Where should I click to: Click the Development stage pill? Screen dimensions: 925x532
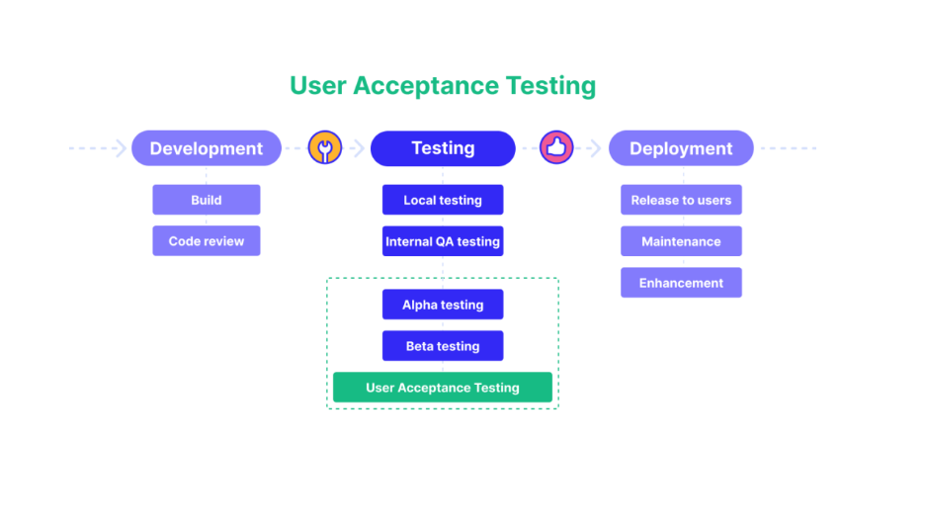[x=207, y=148]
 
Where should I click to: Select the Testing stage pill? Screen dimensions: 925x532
[x=443, y=148]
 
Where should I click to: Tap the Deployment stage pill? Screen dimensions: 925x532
[x=681, y=148]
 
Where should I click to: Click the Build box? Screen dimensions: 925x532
[x=207, y=200]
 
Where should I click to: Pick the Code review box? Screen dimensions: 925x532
[x=207, y=241]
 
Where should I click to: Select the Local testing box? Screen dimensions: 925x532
[x=443, y=200]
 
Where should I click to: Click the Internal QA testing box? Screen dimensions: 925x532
[x=443, y=241]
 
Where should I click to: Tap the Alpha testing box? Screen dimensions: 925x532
[x=443, y=305]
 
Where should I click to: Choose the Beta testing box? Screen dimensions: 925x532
[x=443, y=345]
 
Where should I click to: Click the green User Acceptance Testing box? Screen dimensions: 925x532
[x=443, y=388]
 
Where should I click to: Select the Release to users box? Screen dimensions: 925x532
[x=681, y=200]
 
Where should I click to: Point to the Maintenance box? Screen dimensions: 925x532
[x=681, y=241]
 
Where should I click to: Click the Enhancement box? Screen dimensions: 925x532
[x=681, y=282]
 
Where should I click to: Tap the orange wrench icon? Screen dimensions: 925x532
[x=325, y=147]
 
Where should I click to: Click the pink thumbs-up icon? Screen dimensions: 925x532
[x=556, y=147]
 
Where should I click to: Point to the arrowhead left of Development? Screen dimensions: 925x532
[x=121, y=148]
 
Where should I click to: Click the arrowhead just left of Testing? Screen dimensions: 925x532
[x=358, y=148]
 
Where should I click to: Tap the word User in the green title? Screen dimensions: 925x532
[x=317, y=85]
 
